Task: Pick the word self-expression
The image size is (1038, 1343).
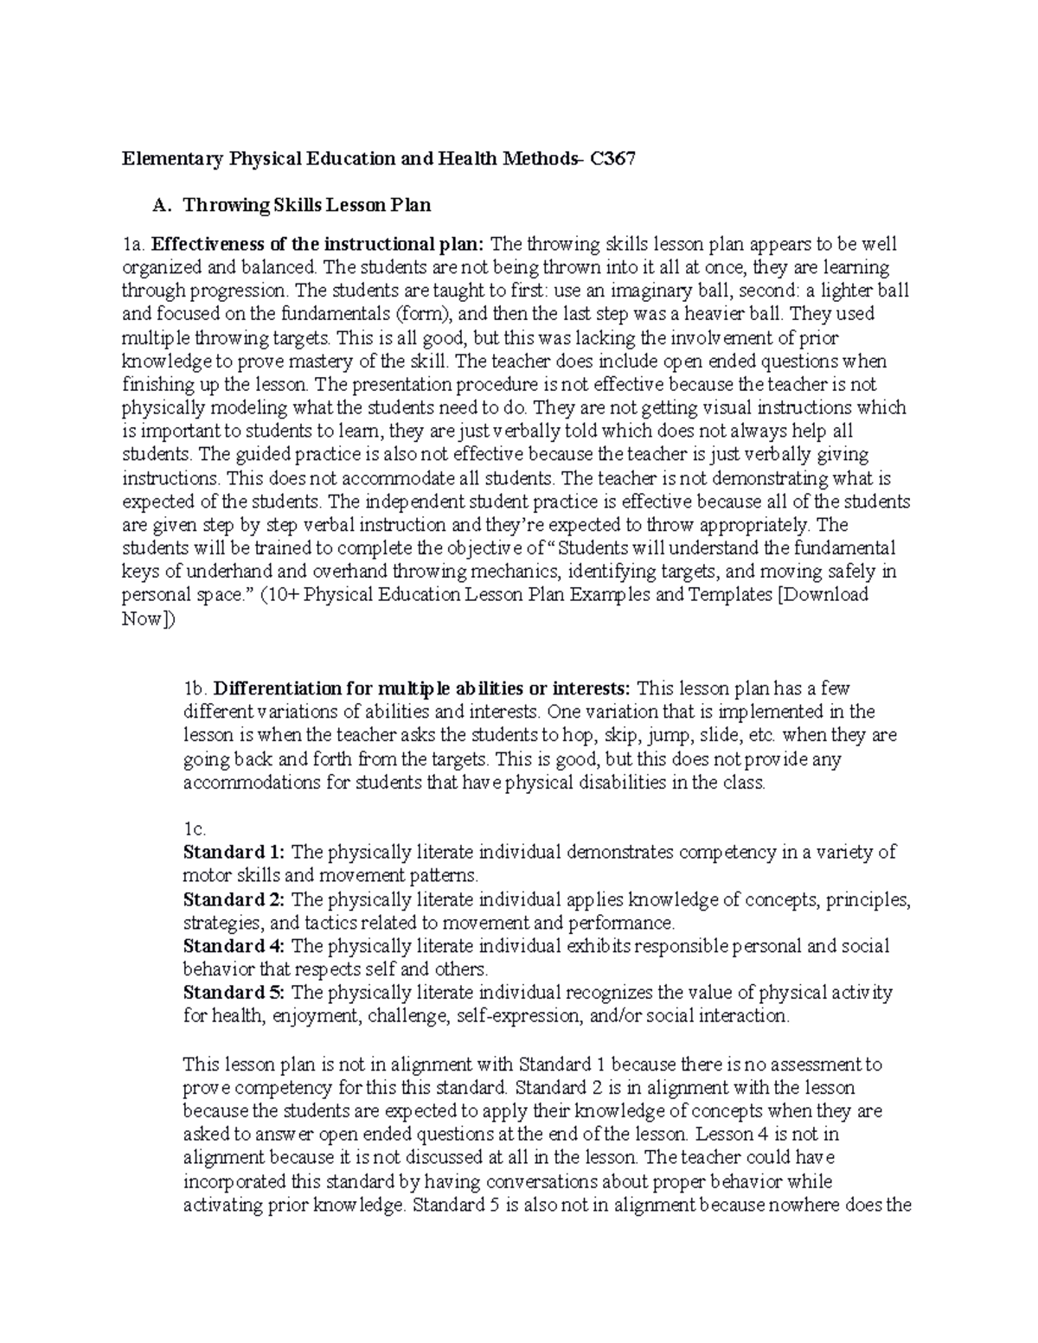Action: coord(518,1016)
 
